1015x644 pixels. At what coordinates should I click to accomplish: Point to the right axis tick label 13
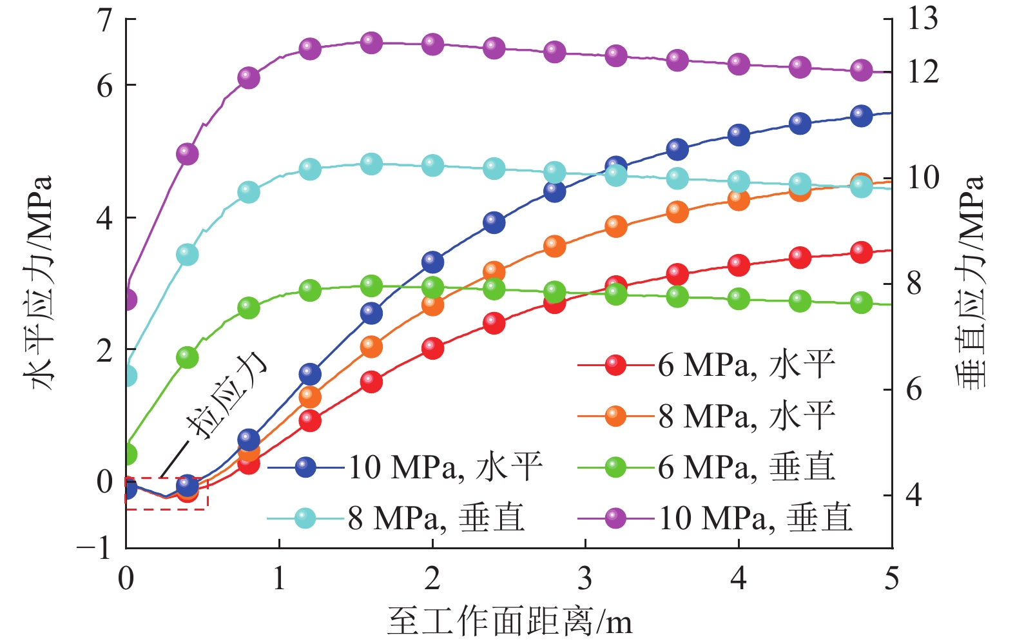tap(923, 19)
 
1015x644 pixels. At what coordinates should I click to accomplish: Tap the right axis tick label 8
tap(914, 284)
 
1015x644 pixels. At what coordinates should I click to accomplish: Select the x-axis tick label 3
tap(585, 578)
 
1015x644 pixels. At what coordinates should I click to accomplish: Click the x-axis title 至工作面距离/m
tap(509, 622)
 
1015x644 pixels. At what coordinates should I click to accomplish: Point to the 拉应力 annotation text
tap(226, 396)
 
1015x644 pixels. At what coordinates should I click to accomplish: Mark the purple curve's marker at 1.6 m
tap(371, 43)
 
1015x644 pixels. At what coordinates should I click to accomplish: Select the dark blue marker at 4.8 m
tap(861, 116)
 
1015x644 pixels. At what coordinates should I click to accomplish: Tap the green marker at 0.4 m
tap(187, 357)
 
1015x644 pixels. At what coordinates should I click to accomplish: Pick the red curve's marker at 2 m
tap(432, 349)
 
